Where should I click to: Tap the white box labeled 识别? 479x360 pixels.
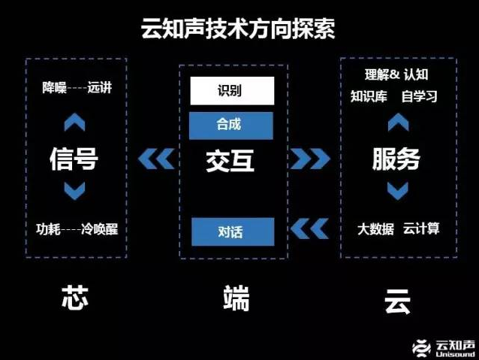[x=229, y=92]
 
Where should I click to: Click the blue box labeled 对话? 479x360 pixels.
[x=229, y=231]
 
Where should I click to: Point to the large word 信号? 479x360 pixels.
[x=74, y=159]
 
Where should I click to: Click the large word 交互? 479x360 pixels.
[x=230, y=160]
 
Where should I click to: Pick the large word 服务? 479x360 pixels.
[x=396, y=159]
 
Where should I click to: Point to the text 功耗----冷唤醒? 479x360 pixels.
[x=77, y=228]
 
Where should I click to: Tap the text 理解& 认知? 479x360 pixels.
[x=396, y=74]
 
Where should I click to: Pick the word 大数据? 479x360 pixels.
[x=375, y=228]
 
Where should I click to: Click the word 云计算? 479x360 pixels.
[x=421, y=228]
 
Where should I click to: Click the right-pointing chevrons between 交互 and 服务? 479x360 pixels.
[x=310, y=159]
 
